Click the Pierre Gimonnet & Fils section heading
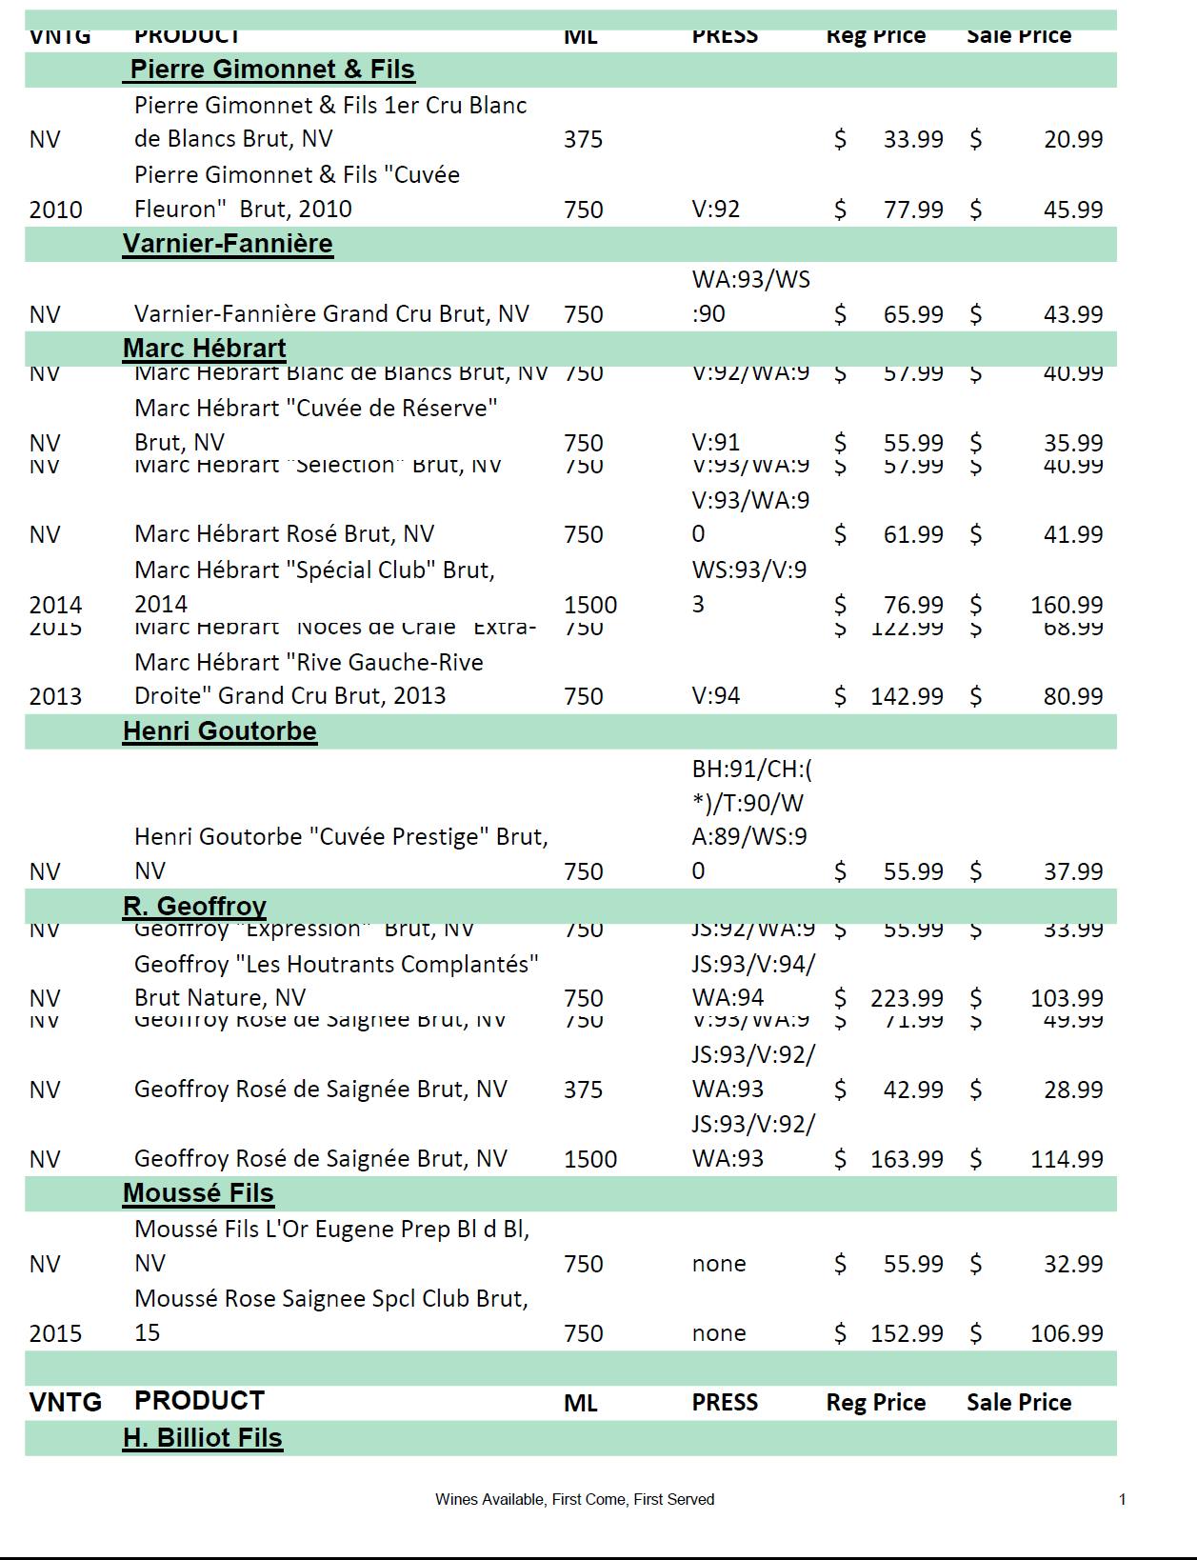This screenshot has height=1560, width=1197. click(272, 70)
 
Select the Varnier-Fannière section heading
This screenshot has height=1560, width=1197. click(228, 244)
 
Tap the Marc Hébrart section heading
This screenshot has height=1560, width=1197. click(204, 349)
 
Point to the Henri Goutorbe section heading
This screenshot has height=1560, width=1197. click(219, 731)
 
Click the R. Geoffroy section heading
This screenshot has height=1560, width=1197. click(194, 906)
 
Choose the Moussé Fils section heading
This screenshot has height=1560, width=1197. click(198, 1193)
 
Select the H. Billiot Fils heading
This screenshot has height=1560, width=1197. click(202, 1438)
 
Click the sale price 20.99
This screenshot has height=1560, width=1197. click(1072, 139)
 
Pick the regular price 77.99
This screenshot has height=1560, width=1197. click(912, 210)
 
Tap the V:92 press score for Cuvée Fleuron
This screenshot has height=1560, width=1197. click(715, 210)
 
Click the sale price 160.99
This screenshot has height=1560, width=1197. click(1066, 605)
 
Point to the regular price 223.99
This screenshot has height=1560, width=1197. click(907, 998)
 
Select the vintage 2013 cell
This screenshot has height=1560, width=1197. click(55, 696)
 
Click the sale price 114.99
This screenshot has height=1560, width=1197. click(1066, 1159)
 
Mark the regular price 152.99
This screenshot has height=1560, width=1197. click(907, 1333)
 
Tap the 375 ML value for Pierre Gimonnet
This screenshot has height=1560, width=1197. click(583, 139)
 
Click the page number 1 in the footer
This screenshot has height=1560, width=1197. click(1122, 1500)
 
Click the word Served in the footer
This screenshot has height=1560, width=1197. click(693, 1500)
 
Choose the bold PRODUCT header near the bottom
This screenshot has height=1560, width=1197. click(199, 1401)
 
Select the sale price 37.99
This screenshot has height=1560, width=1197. click(1072, 871)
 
